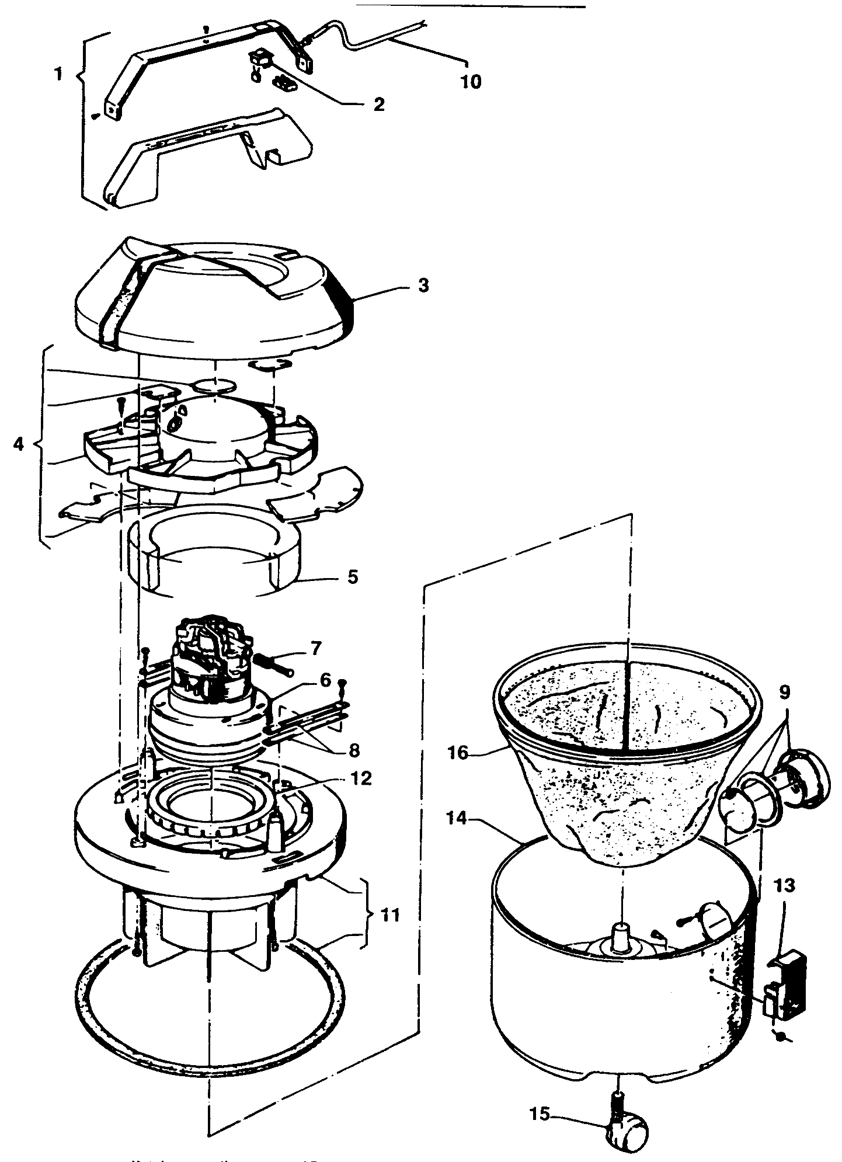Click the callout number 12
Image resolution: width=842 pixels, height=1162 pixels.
pyautogui.click(x=362, y=778)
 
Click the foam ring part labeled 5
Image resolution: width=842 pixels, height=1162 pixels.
pyautogui.click(x=213, y=555)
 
